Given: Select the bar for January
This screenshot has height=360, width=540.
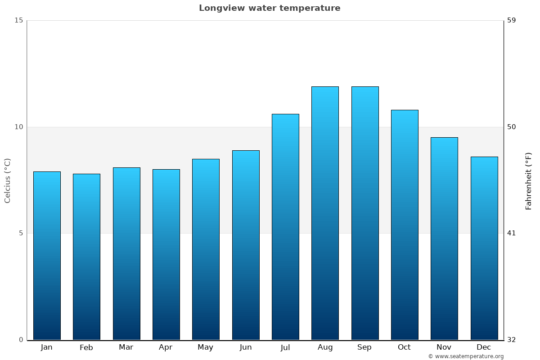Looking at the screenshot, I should click(47, 256).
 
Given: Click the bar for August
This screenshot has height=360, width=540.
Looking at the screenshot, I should click(325, 213).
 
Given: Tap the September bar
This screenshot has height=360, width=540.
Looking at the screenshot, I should click(365, 213).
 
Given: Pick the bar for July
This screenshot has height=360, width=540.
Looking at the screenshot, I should click(285, 227).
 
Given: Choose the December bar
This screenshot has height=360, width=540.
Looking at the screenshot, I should click(484, 248).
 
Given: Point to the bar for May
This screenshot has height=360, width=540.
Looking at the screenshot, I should click(206, 249).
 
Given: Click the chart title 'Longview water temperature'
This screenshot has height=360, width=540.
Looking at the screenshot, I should click(270, 8).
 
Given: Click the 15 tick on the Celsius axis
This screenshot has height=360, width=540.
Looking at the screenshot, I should click(18, 20).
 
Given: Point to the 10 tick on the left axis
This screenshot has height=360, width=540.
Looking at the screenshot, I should click(18, 127).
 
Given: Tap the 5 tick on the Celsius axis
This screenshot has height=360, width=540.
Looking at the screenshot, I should click(20, 233).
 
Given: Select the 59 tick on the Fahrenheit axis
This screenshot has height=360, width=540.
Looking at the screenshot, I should click(512, 20).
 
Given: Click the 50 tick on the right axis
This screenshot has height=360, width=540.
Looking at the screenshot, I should click(512, 127).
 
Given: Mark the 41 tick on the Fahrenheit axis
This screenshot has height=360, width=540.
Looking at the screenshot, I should click(512, 233).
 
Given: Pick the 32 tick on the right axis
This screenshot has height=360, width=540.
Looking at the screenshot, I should click(512, 340).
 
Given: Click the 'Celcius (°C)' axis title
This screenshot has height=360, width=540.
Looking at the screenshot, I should click(7, 180).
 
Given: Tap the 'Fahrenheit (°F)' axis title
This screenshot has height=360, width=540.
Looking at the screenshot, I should click(529, 180).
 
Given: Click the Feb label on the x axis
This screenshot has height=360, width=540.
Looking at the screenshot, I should click(86, 347).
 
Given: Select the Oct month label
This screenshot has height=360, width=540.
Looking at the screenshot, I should click(404, 347).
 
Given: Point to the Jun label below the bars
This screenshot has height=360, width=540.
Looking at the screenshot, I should click(246, 347).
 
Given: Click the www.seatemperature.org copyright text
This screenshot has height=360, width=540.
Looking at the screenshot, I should click(466, 356).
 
